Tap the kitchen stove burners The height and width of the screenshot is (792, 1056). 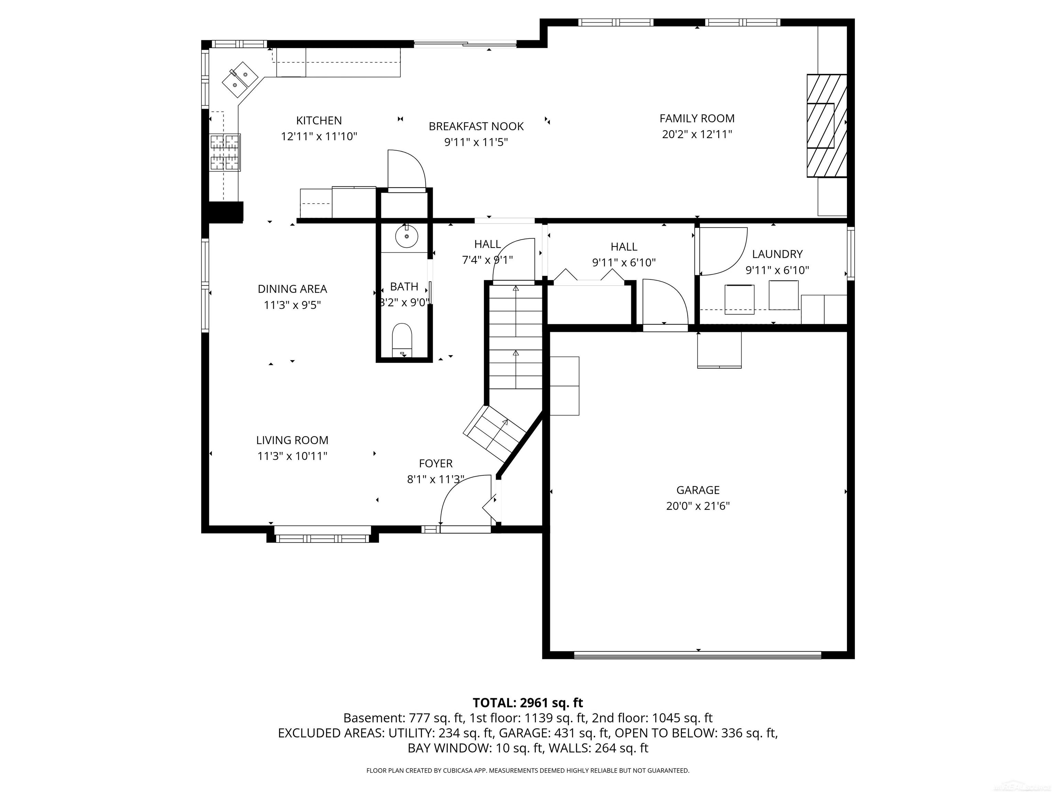(x=225, y=152)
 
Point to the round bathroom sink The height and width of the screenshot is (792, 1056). (x=406, y=236)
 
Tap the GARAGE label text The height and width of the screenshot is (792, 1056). (x=697, y=490)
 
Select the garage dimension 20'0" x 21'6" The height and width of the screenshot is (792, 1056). (x=697, y=506)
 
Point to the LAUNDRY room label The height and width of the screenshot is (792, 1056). (x=777, y=254)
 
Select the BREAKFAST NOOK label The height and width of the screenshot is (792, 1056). (x=476, y=126)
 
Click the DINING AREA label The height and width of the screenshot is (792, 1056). (x=292, y=289)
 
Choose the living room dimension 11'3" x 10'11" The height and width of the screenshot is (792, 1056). (x=292, y=456)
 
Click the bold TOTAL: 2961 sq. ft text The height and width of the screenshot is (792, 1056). (x=528, y=703)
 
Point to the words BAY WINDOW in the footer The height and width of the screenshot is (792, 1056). (x=449, y=748)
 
